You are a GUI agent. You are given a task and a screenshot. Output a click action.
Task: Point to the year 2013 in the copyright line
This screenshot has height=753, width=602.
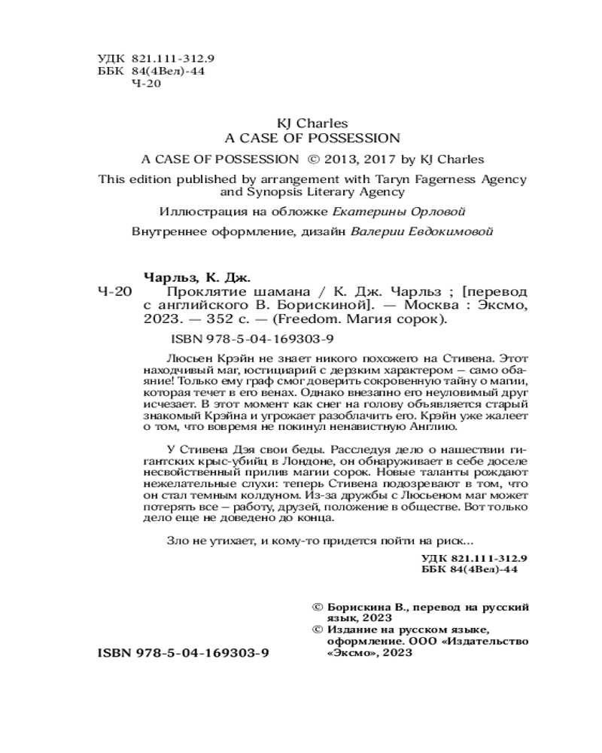click(342, 160)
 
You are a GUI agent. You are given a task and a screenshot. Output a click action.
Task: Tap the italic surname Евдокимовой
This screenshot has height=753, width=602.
click(451, 232)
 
